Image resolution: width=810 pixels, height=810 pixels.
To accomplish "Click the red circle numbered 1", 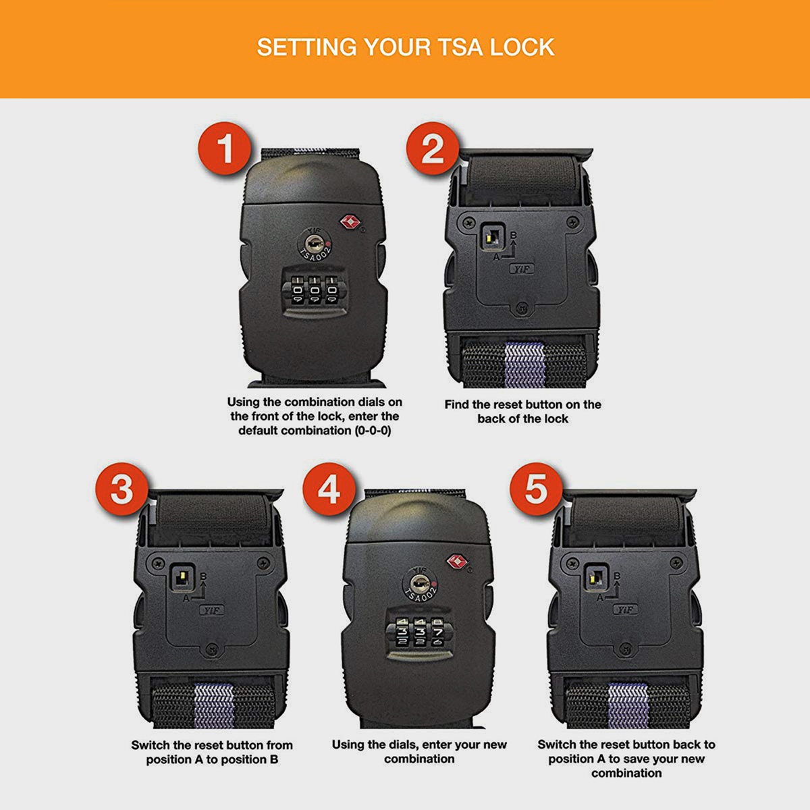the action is tap(225, 148).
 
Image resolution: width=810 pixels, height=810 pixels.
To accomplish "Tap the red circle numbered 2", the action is tap(433, 148).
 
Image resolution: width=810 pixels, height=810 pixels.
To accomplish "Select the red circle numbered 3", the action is tap(122, 489).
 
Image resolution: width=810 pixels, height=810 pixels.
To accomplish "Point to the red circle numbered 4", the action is tap(329, 489).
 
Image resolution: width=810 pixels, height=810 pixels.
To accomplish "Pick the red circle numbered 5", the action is tap(537, 489).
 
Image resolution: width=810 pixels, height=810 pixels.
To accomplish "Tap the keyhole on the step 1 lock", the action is tap(314, 243).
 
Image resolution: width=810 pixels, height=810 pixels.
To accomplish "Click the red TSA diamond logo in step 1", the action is tap(349, 222).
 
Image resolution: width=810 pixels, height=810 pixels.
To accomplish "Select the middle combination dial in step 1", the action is tap(315, 290).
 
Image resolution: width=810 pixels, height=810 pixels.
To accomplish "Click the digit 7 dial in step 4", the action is tap(437, 631).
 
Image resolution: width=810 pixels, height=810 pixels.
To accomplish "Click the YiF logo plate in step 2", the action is tap(522, 269).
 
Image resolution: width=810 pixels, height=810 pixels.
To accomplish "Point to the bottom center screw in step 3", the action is tap(212, 649).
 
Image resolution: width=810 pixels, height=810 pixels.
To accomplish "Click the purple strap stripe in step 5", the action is tap(628, 705).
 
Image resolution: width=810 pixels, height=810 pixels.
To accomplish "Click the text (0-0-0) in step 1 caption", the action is tap(373, 431).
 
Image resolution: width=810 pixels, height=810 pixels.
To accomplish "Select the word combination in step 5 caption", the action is tap(626, 773).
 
